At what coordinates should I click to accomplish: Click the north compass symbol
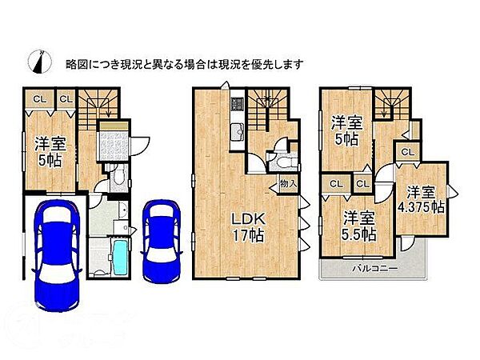(38, 62)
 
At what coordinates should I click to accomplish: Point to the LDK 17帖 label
(246, 226)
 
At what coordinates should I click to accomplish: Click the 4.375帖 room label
(424, 200)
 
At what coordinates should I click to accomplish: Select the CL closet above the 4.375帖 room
(407, 152)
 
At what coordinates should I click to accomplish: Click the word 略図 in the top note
(77, 63)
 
